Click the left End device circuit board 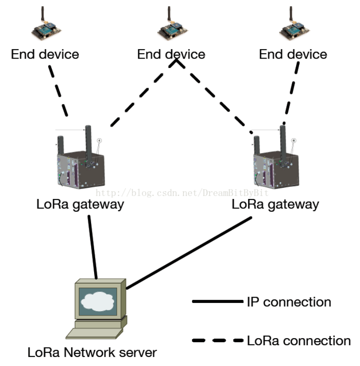(46, 31)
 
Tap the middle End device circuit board (173, 31)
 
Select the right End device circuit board (294, 31)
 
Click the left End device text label (45, 54)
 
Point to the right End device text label (293, 54)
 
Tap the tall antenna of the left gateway (88, 146)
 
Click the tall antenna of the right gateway (283, 146)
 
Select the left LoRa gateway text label (80, 204)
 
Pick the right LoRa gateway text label (275, 204)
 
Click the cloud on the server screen (98, 301)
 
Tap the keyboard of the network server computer (94, 333)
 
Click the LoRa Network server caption (92, 352)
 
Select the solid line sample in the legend (218, 302)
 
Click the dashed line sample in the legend (218, 340)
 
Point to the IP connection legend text (289, 302)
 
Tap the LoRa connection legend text (299, 341)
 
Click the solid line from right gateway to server (189, 253)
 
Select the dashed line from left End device (58, 91)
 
